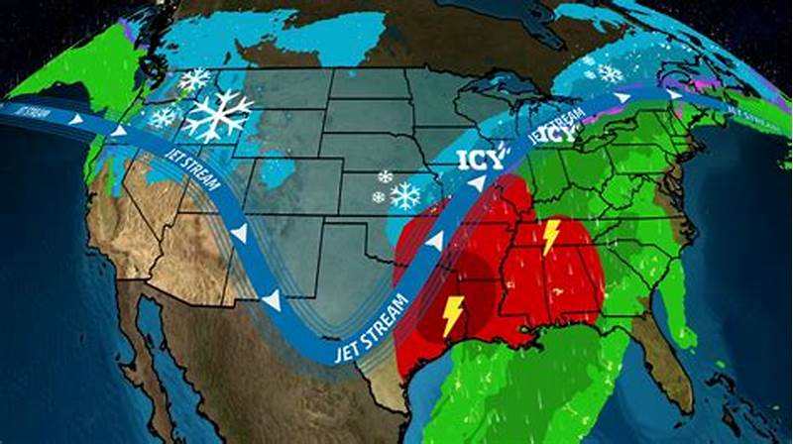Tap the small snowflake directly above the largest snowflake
[x=194, y=78]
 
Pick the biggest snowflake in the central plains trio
[x=404, y=195]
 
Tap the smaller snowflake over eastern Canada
[x=589, y=61]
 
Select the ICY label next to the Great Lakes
[x=560, y=132]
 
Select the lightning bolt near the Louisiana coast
[x=450, y=314]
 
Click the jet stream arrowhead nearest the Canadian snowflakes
[x=622, y=98]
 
